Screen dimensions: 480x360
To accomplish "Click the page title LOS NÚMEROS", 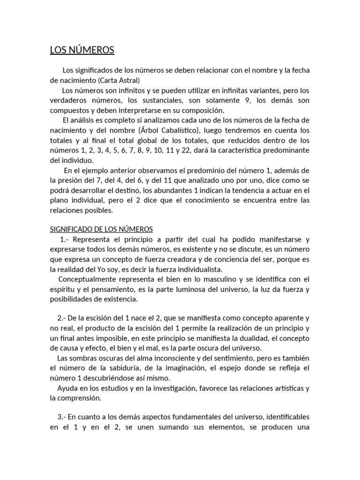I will coord(82,50).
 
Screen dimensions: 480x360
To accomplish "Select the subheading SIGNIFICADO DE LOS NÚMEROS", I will coord(102,229).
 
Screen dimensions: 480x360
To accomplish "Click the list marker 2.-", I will coord(64,318).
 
